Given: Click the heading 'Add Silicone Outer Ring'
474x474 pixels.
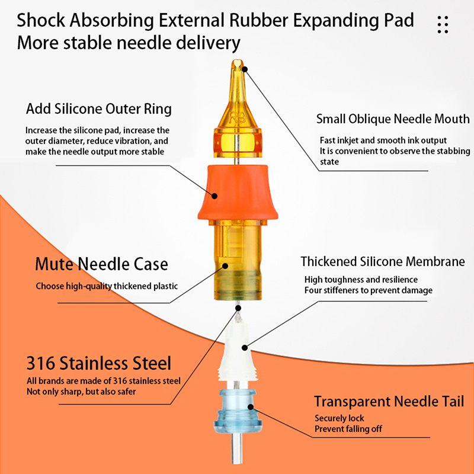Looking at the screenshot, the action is pos(99,109).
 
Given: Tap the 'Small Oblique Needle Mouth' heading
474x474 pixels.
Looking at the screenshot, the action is pos(393,119).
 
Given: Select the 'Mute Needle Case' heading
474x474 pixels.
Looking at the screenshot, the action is pos(101,264).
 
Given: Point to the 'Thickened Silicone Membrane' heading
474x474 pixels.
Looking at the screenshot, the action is pos(383,261).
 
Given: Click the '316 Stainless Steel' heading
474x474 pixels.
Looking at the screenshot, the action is pos(99,363).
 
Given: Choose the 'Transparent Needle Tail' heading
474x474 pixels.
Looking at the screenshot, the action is pos(389,402).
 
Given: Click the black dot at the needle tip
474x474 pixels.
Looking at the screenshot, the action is pos(245,69).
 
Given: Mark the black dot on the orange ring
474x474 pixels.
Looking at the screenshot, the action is pos(214,196).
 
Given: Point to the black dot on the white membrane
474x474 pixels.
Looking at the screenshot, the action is pos(245,348).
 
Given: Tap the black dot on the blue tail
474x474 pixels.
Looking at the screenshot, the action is pos(251,406).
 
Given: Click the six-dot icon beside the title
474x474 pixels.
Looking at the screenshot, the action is pos(443,24).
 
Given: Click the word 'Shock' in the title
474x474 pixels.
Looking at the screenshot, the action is pos(41,20).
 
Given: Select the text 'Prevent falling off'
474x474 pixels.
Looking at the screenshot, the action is pos(348,429).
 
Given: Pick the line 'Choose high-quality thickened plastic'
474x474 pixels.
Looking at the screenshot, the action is pos(107,286).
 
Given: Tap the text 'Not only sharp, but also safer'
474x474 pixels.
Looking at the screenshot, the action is pos(81,392).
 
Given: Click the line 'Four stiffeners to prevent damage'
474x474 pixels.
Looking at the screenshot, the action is pos(369,290).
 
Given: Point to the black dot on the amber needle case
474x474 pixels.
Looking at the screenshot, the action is pos(225,265).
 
